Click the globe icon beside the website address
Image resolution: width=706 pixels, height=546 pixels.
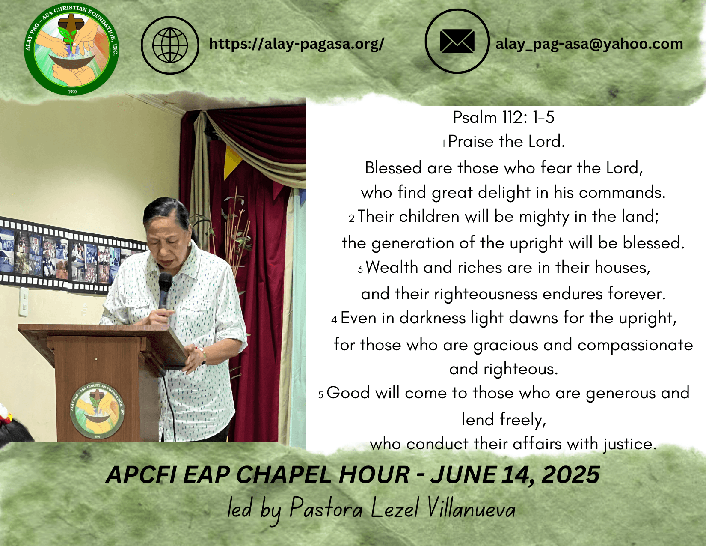click(170, 45)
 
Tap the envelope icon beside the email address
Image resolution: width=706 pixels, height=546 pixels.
click(457, 41)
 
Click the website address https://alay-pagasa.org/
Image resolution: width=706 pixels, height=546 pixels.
click(297, 44)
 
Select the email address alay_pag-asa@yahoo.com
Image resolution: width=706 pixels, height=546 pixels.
click(589, 44)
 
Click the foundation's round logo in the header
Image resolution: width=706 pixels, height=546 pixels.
click(71, 49)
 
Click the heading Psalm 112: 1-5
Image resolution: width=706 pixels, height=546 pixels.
click(504, 117)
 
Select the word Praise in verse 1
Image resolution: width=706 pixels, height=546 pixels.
click(471, 142)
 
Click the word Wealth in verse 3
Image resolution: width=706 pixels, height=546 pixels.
click(392, 267)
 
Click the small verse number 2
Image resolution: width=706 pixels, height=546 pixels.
click(352, 218)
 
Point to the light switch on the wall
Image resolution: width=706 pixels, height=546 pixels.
click(24, 302)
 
